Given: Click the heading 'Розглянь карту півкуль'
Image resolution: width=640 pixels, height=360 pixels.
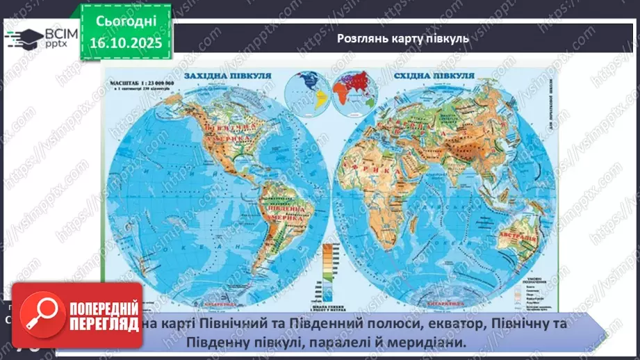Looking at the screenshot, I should (402, 39).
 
